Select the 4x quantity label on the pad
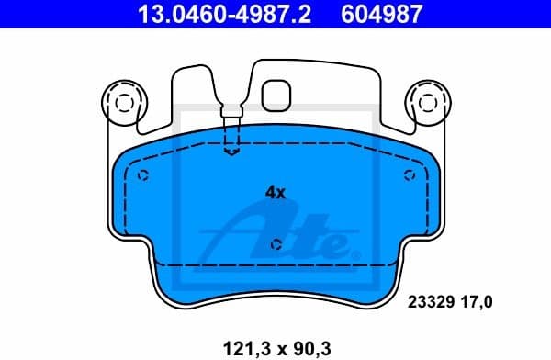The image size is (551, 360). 275,193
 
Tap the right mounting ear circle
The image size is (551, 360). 428,99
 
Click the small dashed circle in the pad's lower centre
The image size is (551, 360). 276,244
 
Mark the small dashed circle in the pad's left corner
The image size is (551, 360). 141,176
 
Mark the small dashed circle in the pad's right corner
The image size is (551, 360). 410,176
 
